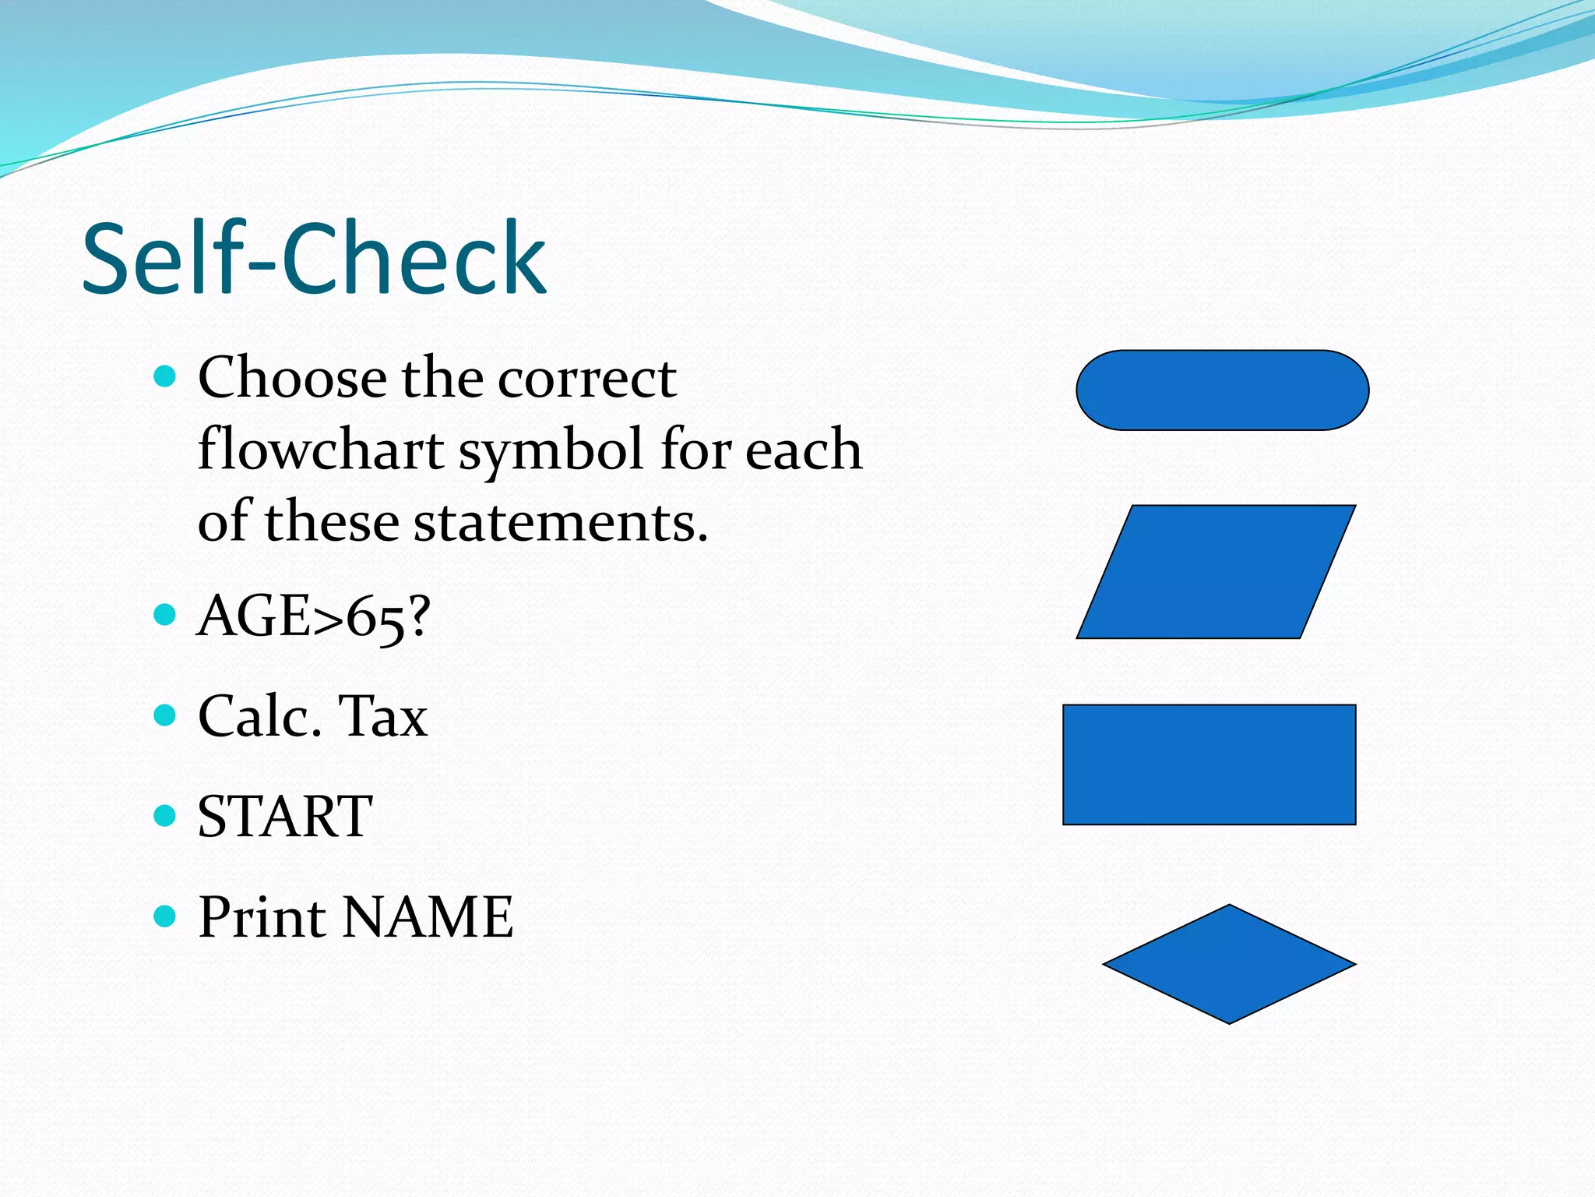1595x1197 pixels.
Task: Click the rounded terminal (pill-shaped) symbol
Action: point(1222,390)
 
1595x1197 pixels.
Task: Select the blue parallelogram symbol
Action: point(1216,572)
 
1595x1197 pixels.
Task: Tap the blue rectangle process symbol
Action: point(1209,764)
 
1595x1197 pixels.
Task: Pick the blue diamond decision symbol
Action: point(1229,964)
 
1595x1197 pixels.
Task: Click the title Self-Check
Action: point(314,259)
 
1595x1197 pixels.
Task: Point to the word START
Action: point(285,817)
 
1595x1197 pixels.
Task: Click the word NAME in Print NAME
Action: point(428,916)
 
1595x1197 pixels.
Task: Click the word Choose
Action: point(292,378)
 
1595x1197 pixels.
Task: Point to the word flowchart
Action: point(321,451)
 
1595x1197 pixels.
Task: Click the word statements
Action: point(560,522)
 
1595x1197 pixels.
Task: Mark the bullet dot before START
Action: point(165,815)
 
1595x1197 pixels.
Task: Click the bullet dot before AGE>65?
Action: point(165,615)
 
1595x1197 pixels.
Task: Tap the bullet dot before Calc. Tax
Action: point(165,715)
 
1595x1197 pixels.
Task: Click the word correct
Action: point(587,379)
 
